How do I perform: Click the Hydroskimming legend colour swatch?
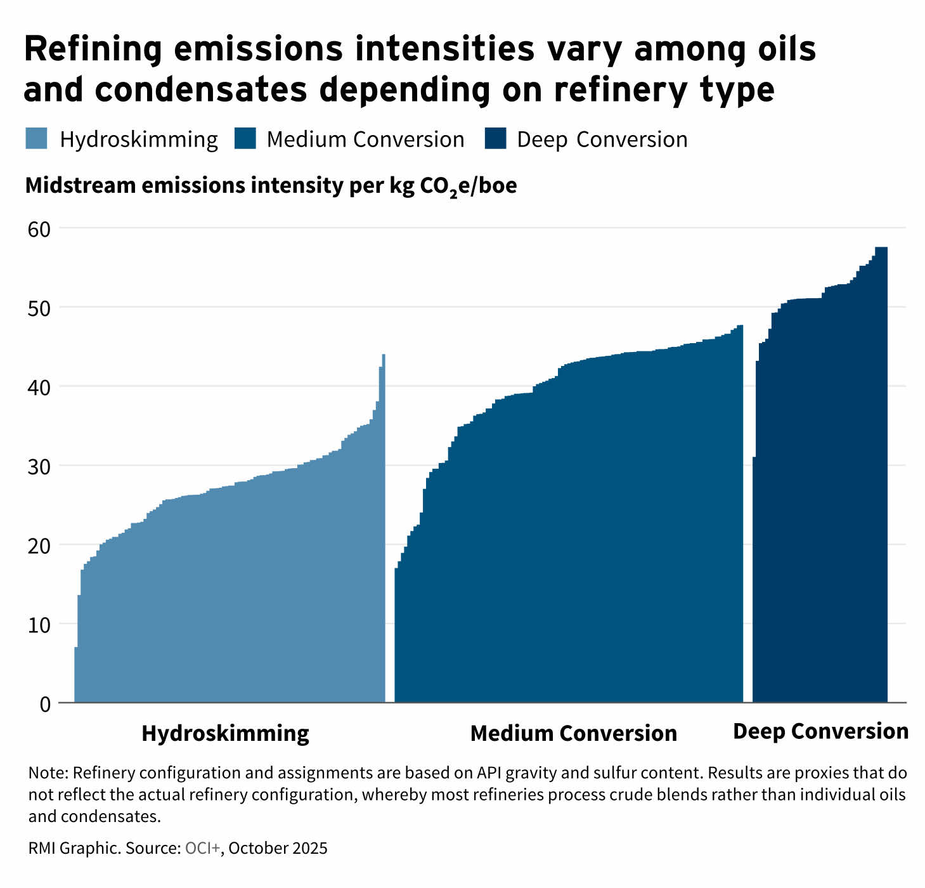[37, 139]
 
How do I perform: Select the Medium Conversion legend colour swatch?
[245, 139]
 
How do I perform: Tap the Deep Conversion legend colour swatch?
[495, 139]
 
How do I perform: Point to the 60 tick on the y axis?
[39, 229]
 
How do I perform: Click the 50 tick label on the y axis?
[39, 309]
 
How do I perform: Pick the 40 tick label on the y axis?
[39, 388]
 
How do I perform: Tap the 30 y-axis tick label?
[39, 467]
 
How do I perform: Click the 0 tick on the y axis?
[44, 704]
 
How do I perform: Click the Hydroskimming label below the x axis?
[225, 733]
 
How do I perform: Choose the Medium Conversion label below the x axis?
[573, 733]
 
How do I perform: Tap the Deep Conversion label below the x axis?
[820, 731]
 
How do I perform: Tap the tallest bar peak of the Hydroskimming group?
[384, 356]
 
